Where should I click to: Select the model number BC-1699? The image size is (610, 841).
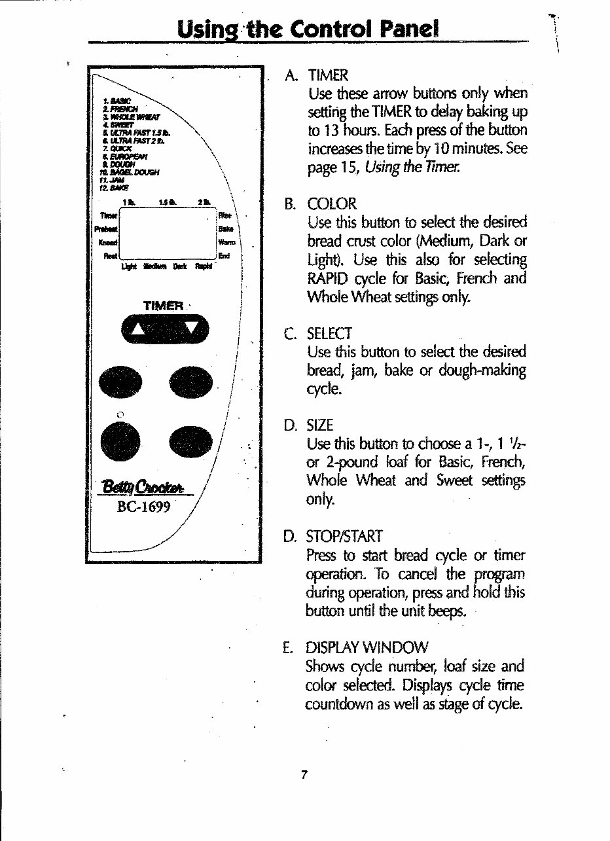tap(144, 508)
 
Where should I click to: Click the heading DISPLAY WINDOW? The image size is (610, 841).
tap(367, 648)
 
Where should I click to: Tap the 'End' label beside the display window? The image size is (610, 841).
tap(224, 256)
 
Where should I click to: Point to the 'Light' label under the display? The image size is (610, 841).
tap(129, 266)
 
